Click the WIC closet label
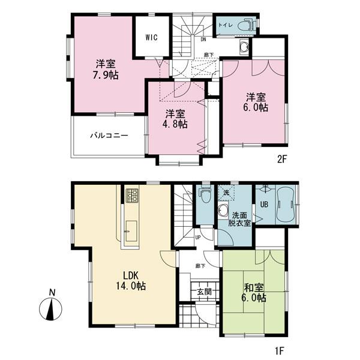[151, 37]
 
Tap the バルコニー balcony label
[109, 136]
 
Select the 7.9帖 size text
[105, 76]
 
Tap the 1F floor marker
[280, 346]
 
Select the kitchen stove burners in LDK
[133, 195]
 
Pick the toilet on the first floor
[205, 195]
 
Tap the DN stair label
[203, 40]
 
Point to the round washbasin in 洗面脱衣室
[223, 209]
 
